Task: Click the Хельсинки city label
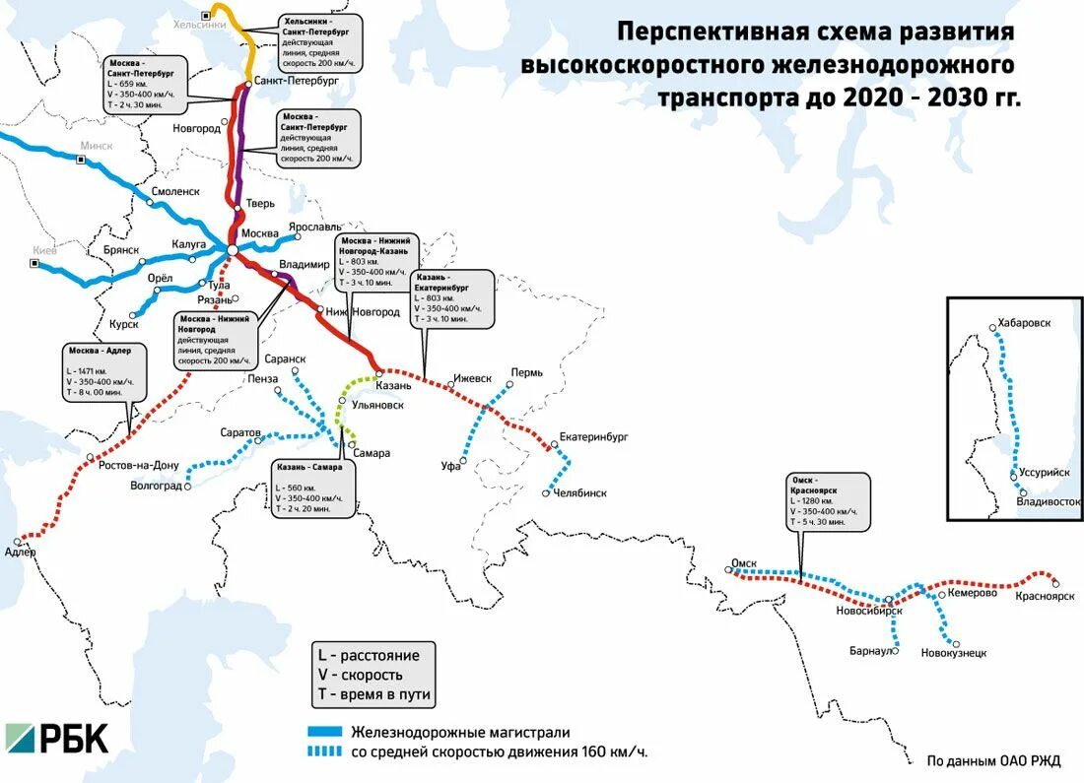pos(178,25)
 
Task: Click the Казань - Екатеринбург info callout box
pos(452,297)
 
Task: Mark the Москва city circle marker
pos(232,250)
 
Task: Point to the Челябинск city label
pos(580,492)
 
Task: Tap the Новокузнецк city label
pos(953,652)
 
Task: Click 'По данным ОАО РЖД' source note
pos(993,760)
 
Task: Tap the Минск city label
pos(97,145)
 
